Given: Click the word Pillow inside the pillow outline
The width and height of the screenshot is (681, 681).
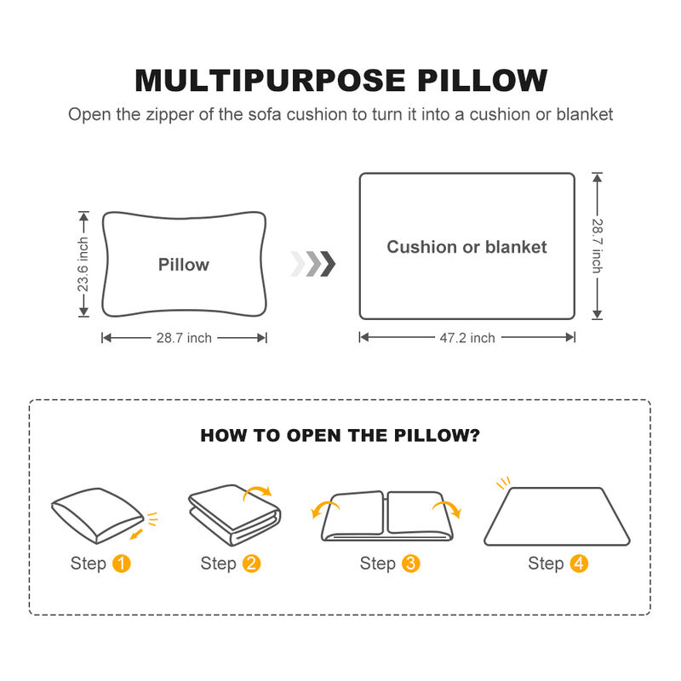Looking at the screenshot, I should tap(183, 265).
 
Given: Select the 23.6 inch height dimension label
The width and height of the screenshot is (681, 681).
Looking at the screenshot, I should tap(83, 265).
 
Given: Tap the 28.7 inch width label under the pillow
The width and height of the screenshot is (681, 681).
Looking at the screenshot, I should tap(184, 338).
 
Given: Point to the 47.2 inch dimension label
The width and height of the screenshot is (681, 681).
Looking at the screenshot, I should tap(466, 338).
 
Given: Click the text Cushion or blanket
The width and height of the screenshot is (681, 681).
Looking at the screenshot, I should tap(466, 247).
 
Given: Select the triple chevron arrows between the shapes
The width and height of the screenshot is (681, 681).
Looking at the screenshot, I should tap(313, 264).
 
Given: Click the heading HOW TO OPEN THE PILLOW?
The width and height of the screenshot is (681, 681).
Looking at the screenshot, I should tap(340, 436).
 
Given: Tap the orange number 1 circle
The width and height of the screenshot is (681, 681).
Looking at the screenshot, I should tap(122, 564).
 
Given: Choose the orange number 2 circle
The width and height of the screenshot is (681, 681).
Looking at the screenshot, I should tap(251, 564).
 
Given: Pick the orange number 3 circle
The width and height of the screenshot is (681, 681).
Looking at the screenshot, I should tap(410, 564).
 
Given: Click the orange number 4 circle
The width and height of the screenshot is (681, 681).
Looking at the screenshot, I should tap(579, 564).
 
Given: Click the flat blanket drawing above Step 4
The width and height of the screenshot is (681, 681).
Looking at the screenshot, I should tap(557, 517).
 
